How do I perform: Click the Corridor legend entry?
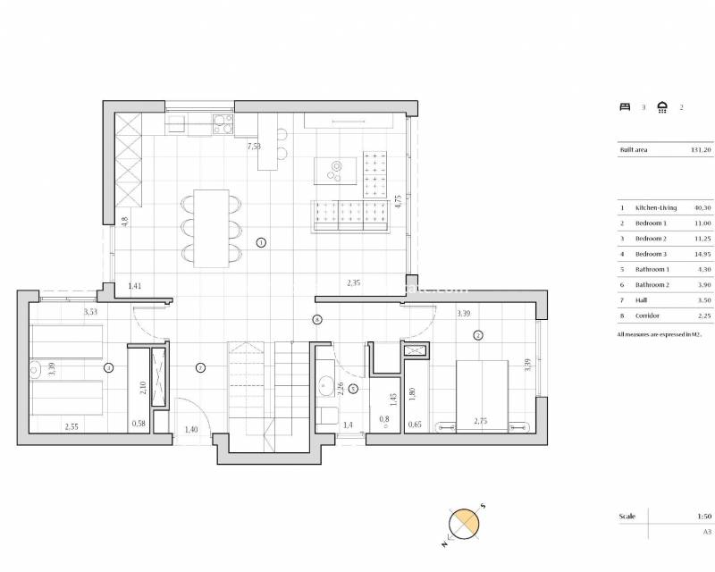point(645,316)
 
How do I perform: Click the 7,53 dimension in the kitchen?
point(254,146)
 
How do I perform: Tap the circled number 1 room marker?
point(261,242)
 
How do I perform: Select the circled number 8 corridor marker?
point(316,319)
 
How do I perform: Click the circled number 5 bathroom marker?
point(353,389)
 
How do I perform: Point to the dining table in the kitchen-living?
point(211,228)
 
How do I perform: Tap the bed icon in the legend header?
point(625,106)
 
